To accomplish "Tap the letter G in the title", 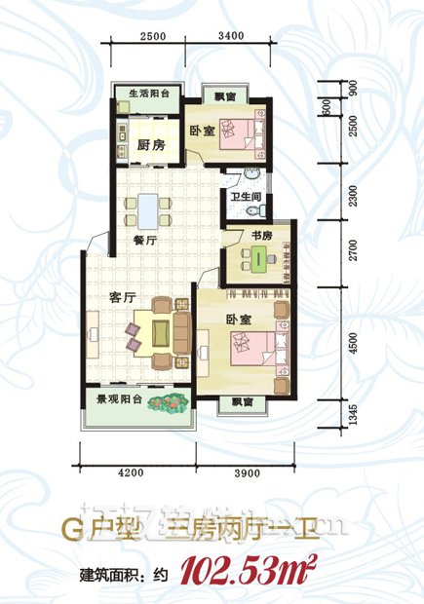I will click(x=69, y=532).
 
